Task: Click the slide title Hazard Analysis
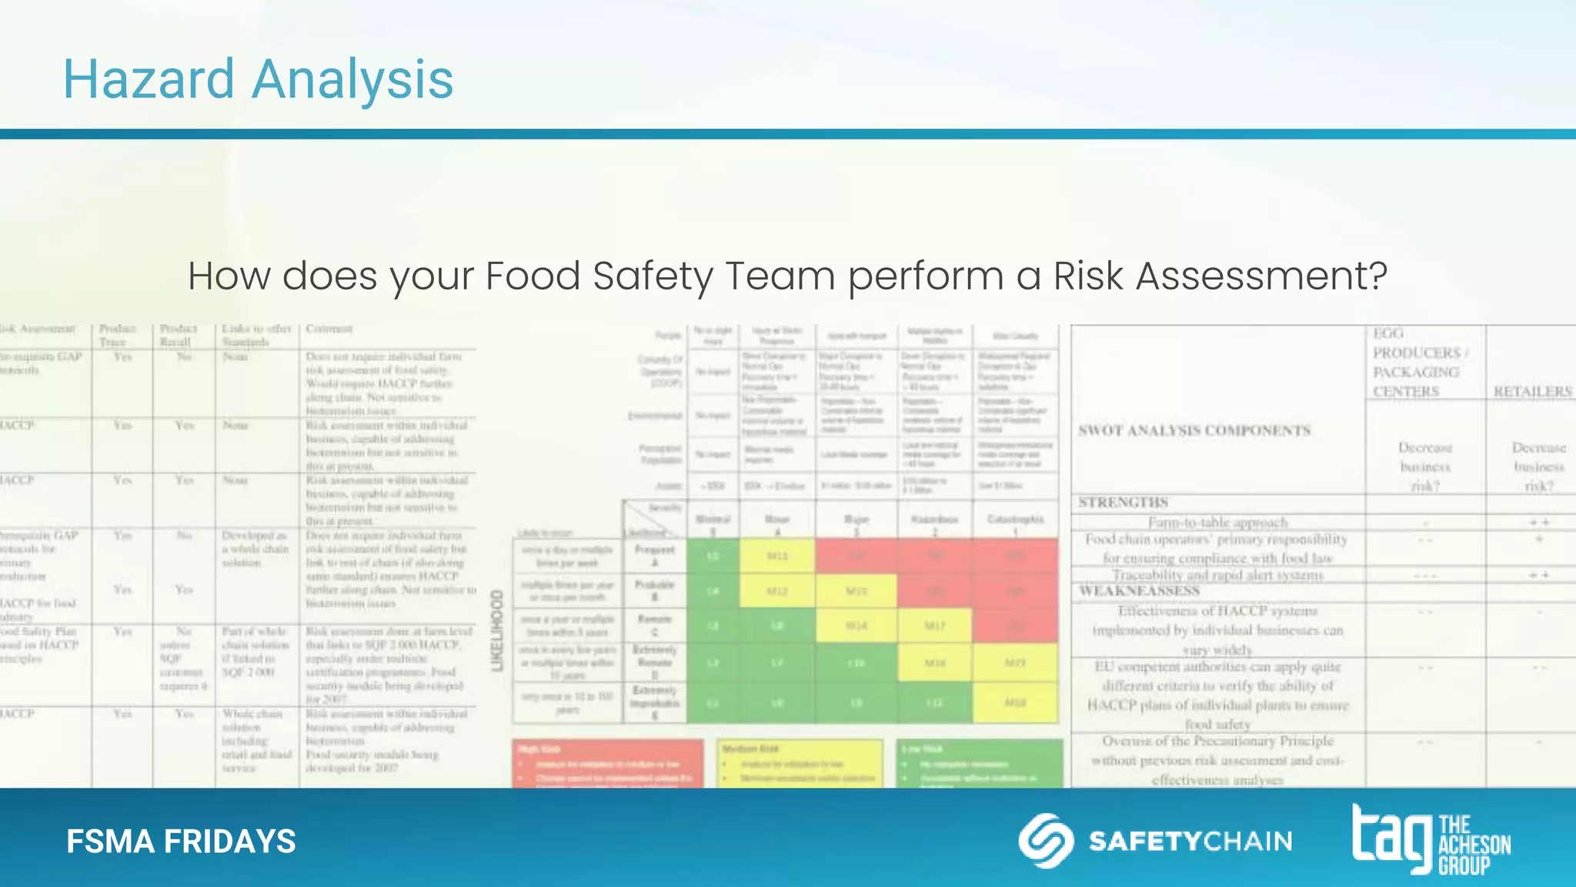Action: pyautogui.click(x=258, y=79)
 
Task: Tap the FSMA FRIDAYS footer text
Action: pyautogui.click(x=181, y=842)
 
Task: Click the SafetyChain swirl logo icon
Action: pyautogui.click(x=1046, y=840)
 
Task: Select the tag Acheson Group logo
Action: pyautogui.click(x=1431, y=840)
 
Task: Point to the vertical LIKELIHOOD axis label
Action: pyautogui.click(x=497, y=631)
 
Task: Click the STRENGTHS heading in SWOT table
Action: pyautogui.click(x=1123, y=503)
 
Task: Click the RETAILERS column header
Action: pyautogui.click(x=1532, y=392)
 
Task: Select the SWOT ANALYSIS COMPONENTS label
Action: pyautogui.click(x=1194, y=430)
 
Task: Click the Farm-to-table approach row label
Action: pyautogui.click(x=1217, y=523)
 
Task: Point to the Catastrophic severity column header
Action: pyautogui.click(x=1015, y=520)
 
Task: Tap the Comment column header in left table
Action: pyautogui.click(x=329, y=329)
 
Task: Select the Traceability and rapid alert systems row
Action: pyautogui.click(x=1217, y=575)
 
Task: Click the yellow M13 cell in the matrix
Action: pyautogui.click(x=778, y=555)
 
